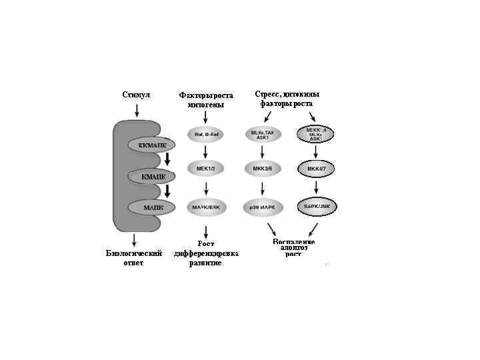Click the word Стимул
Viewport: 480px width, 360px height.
click(x=136, y=95)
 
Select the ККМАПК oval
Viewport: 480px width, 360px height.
click(x=152, y=145)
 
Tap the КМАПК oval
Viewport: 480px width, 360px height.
click(x=152, y=176)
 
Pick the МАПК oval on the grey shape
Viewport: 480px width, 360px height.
click(x=153, y=207)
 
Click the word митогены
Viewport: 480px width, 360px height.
click(x=206, y=105)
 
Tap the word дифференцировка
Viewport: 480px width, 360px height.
click(x=206, y=253)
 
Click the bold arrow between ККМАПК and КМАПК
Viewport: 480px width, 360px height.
click(x=168, y=160)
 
